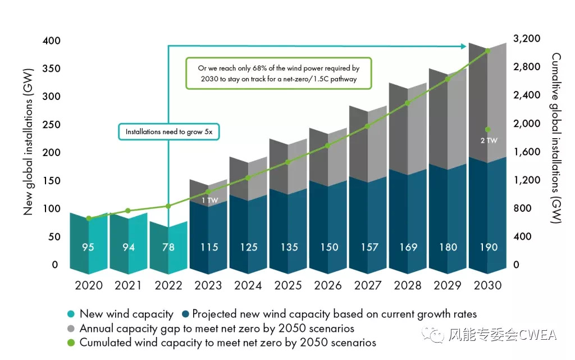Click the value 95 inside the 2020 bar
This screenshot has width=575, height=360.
coord(89,247)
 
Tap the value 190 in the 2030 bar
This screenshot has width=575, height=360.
coord(487,247)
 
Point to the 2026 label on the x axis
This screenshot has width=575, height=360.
coord(328,285)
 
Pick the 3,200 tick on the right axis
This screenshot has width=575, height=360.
coord(527,39)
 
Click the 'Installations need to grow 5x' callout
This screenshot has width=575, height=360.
coord(168,132)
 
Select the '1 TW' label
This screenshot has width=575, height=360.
coord(209,200)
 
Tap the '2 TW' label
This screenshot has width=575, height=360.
coord(489,140)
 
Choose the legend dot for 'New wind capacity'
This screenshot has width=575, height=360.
coord(70,315)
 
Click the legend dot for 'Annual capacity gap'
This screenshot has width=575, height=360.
coord(70,329)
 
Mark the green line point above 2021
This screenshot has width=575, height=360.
coord(128,211)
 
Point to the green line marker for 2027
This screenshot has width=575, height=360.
coord(367,126)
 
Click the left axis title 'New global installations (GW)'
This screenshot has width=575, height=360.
coord(28,142)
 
